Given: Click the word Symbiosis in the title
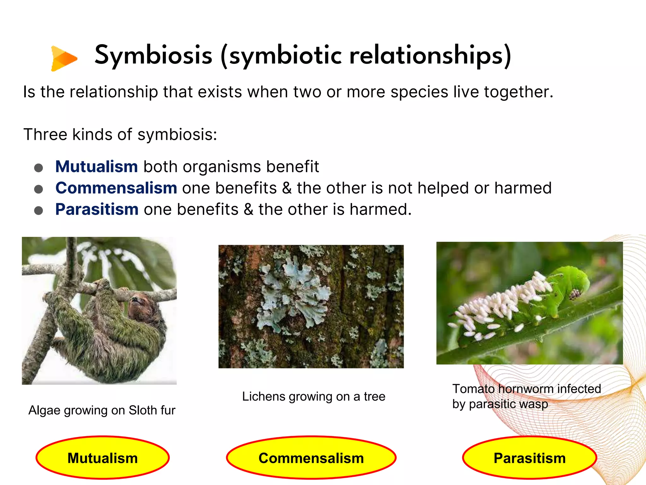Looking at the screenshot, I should point(154,55).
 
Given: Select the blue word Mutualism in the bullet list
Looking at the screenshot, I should point(97,166).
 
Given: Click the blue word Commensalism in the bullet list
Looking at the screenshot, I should point(116,188).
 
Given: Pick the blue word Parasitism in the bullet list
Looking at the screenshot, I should point(97,209).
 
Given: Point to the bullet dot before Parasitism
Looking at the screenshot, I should point(38,210).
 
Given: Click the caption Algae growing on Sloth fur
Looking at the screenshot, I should point(102,410).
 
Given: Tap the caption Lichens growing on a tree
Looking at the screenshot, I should point(314,396).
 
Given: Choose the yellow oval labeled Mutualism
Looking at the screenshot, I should point(103,458).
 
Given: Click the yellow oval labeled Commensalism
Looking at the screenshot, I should point(311,458).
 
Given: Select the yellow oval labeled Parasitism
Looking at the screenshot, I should point(529,458).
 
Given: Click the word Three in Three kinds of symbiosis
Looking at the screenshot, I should point(45,135).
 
